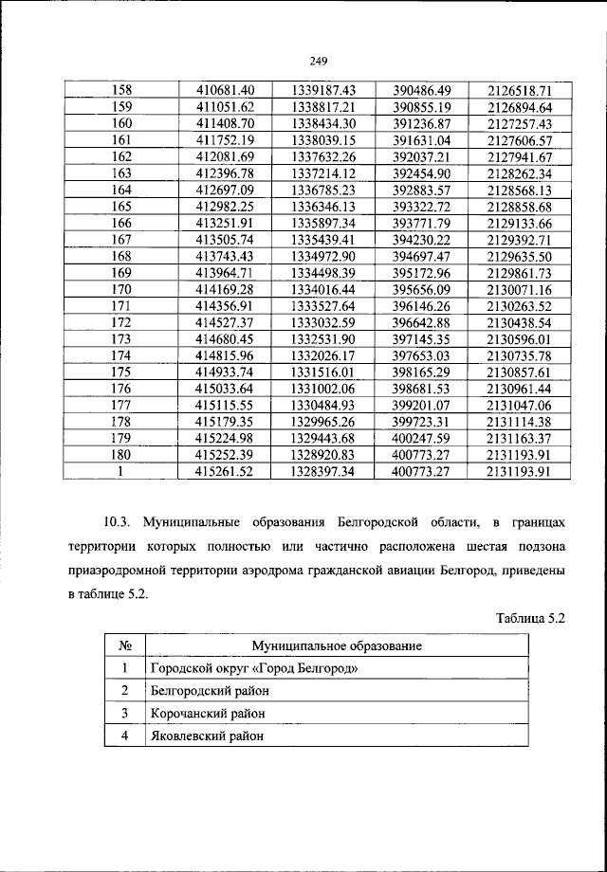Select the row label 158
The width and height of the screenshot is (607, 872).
pos(122,90)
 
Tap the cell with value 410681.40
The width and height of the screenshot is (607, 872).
pos(226,90)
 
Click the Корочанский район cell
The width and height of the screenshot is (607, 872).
pos(208,713)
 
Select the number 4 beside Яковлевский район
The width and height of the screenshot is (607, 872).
pos(123,736)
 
